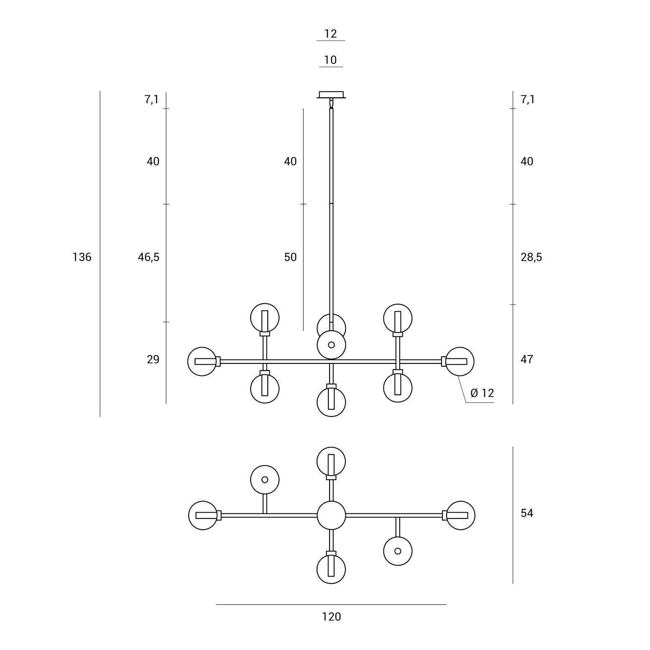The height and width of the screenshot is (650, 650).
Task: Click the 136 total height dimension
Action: pyautogui.click(x=82, y=257)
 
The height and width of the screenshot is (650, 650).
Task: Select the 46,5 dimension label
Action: pyautogui.click(x=149, y=257)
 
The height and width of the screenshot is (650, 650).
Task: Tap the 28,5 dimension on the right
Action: pyautogui.click(x=531, y=257)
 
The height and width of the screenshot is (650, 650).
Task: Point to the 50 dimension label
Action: pyautogui.click(x=290, y=257)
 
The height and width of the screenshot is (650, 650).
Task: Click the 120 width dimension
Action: pyautogui.click(x=331, y=617)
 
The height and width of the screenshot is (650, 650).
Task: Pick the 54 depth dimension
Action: pyautogui.click(x=527, y=513)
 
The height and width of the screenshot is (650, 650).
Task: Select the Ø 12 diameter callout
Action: pyautogui.click(x=482, y=393)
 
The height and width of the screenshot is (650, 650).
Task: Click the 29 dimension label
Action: pyautogui.click(x=153, y=359)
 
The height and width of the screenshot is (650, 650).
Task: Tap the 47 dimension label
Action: pyautogui.click(x=527, y=359)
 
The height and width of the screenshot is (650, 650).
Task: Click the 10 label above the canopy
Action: pyautogui.click(x=330, y=60)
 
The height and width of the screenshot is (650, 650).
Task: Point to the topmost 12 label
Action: pyautogui.click(x=330, y=33)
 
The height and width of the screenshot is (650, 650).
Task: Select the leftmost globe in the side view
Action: pyautogui.click(x=202, y=361)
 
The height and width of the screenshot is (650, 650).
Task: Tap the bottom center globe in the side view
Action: pyautogui.click(x=331, y=402)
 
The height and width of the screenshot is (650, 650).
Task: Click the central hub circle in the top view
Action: pyautogui.click(x=331, y=515)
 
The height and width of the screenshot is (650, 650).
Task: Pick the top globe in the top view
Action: pyautogui.click(x=331, y=462)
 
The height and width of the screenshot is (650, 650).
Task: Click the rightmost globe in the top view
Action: pyautogui.click(x=460, y=515)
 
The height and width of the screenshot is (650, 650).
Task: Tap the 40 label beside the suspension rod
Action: pyautogui.click(x=290, y=161)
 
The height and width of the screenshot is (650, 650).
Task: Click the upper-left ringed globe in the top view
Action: pyautogui.click(x=265, y=480)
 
